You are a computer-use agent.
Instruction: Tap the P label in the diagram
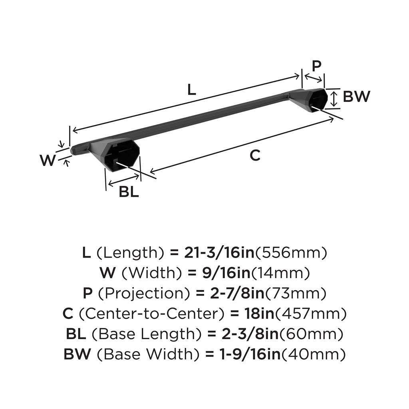[316, 66]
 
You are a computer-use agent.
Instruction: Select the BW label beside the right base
[357, 97]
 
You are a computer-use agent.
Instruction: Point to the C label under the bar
[255, 155]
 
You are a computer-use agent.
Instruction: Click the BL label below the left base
[129, 192]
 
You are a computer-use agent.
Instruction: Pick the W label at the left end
[48, 161]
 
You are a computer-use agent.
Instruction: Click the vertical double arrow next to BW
[335, 99]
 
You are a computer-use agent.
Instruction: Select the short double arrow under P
[313, 77]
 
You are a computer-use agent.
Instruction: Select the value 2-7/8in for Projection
[230, 294]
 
